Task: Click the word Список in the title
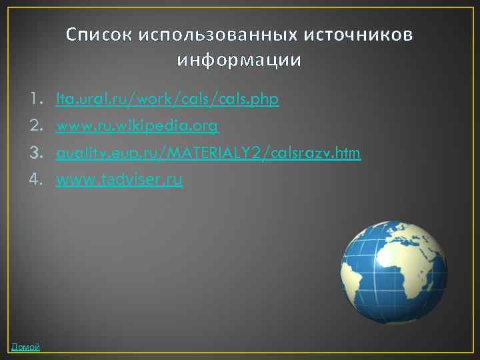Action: point(99,35)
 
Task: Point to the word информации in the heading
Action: point(239,61)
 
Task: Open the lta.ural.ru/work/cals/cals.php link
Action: point(167,100)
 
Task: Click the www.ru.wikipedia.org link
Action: point(137,127)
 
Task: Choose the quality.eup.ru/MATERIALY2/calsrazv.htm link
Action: point(208,153)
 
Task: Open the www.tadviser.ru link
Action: point(119,179)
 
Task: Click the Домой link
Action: point(25,347)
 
